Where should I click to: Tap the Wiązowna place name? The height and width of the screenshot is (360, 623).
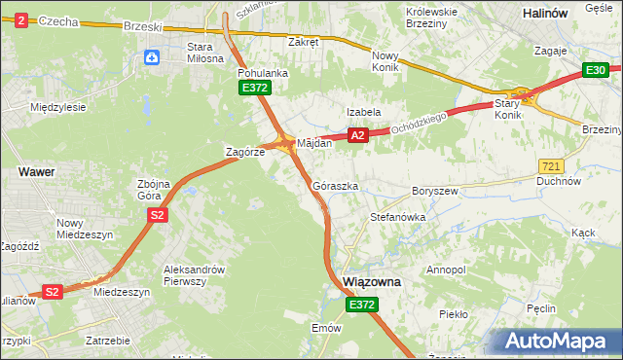tap(373, 281)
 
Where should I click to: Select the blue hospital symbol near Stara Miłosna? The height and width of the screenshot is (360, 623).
tap(152, 58)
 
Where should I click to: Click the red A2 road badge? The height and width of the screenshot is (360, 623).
tap(358, 136)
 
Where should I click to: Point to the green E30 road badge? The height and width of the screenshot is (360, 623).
tap(596, 70)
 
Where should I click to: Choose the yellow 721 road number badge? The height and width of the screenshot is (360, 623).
tap(550, 167)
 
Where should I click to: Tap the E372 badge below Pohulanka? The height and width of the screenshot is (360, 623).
tap(255, 89)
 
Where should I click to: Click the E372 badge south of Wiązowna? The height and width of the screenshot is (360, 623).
tap(361, 305)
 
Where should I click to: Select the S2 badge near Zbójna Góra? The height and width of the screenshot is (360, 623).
tap(155, 215)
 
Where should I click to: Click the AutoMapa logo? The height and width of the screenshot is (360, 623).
tap(559, 342)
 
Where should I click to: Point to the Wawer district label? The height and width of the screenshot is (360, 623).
tap(36, 171)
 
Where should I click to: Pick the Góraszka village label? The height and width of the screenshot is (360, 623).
tap(336, 185)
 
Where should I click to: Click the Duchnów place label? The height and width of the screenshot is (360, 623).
tap(559, 182)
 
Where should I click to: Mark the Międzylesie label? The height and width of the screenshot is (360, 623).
tap(59, 107)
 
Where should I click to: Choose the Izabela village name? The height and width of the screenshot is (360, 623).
tap(364, 112)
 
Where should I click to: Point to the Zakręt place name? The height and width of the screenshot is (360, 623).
tap(304, 42)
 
